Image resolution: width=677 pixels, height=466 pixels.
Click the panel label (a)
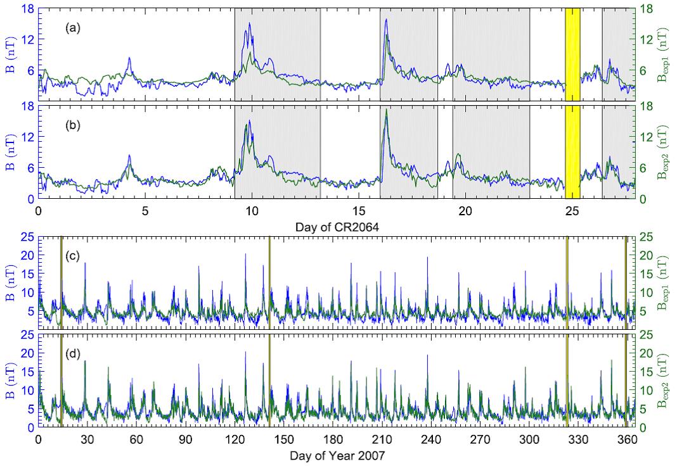coord(73,28)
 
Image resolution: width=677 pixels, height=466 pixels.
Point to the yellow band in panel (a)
coord(572,54)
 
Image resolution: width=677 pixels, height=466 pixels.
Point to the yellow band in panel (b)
coord(572,152)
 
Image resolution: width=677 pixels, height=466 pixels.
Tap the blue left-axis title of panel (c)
coord(11,282)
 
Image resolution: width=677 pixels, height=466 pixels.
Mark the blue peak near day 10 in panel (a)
coord(250,23)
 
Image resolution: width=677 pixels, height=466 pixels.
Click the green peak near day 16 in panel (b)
coord(387,110)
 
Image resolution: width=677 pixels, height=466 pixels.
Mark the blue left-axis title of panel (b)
coord(11,152)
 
